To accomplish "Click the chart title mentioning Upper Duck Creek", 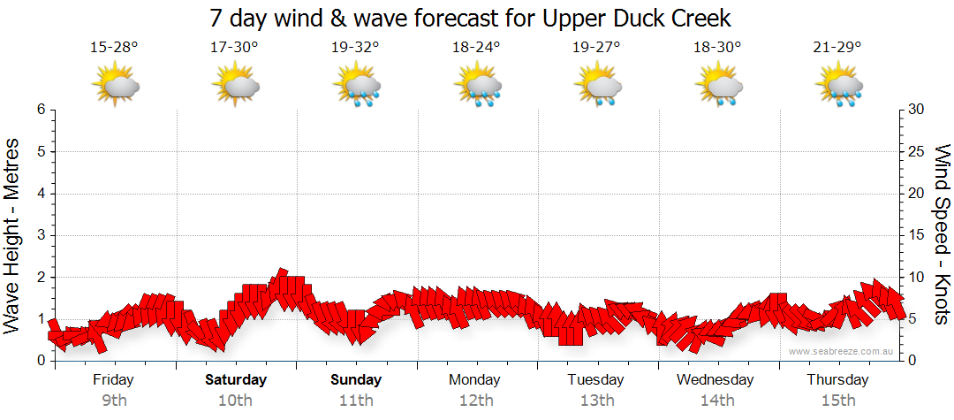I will pyautogui.click(x=471, y=19).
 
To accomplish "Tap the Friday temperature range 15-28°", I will pyautogui.click(x=114, y=47).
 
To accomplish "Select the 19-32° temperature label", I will pyautogui.click(x=355, y=47).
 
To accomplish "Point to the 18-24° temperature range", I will pyautogui.click(x=476, y=47).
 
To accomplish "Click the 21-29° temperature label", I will pyautogui.click(x=837, y=47).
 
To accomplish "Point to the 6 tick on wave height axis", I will pyautogui.click(x=41, y=110).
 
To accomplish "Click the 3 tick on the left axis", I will pyautogui.click(x=41, y=235).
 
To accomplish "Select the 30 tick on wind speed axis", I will pyautogui.click(x=917, y=110).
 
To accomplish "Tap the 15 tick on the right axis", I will pyautogui.click(x=917, y=235).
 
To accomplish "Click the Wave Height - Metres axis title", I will pyautogui.click(x=13, y=234).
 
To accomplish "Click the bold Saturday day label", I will pyautogui.click(x=236, y=380).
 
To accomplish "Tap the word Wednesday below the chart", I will pyautogui.click(x=715, y=380).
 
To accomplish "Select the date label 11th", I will pyautogui.click(x=356, y=401).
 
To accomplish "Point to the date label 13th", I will pyautogui.click(x=597, y=401).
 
